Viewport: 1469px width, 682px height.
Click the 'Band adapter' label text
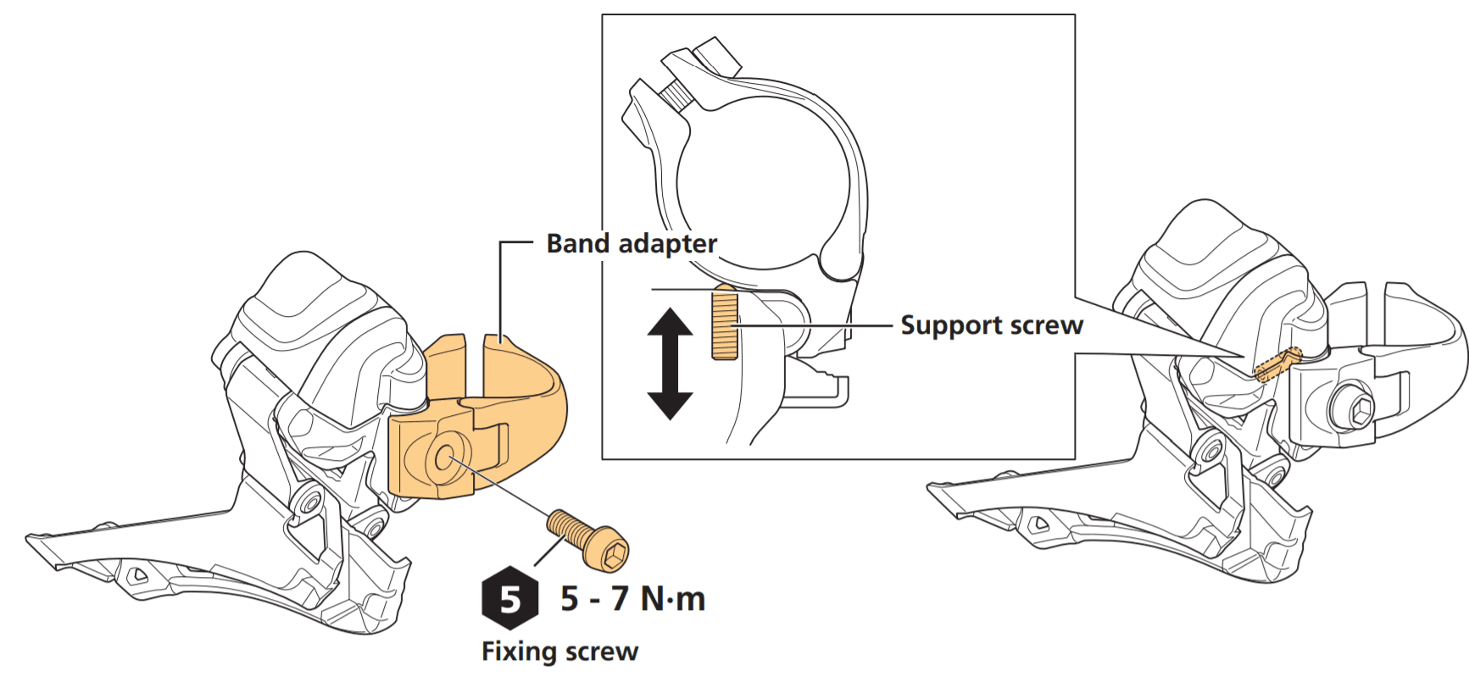coord(632,244)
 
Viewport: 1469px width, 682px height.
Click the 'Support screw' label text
coord(991,325)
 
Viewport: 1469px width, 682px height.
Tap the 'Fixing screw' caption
coord(559,652)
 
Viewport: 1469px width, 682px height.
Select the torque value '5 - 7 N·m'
coord(632,599)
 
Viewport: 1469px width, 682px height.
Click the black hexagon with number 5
coord(510,598)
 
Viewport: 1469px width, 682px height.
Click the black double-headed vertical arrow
coord(671,364)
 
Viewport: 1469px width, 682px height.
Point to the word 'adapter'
coord(668,244)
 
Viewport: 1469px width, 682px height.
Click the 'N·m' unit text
coord(673,599)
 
